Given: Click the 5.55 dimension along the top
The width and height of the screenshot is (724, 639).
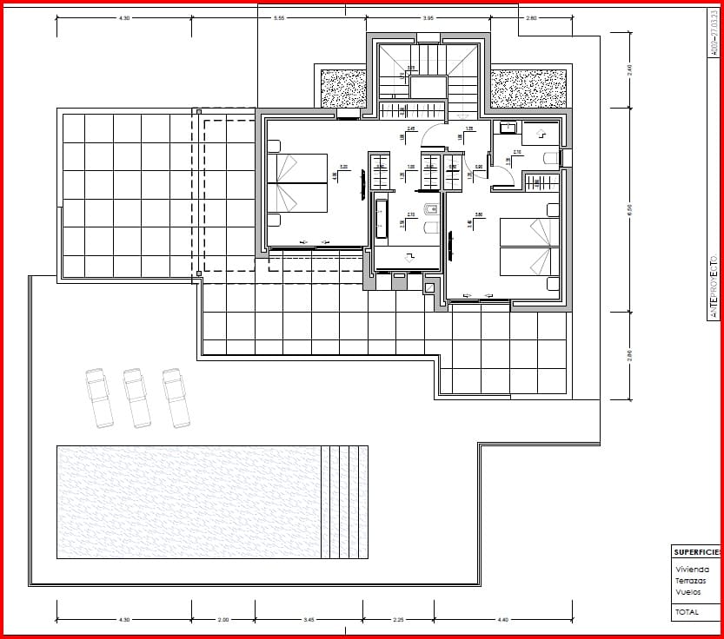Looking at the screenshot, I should click(x=279, y=17).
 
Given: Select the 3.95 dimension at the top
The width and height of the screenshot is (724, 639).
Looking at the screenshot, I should click(x=428, y=17).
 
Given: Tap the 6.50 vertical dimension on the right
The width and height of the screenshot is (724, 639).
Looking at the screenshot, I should click(x=629, y=208).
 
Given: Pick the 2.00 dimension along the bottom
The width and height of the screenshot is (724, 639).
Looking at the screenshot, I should click(x=223, y=619).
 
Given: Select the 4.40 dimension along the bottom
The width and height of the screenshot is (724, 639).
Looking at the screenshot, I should click(x=503, y=619).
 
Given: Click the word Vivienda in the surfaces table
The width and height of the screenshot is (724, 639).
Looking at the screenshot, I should click(x=692, y=570).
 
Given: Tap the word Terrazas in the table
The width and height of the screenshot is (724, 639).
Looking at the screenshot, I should click(x=690, y=581).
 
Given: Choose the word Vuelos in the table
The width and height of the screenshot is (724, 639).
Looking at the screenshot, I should click(x=687, y=592).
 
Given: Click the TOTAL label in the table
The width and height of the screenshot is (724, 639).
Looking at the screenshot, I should click(x=687, y=612).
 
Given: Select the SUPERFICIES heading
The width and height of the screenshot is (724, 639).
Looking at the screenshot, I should click(x=697, y=552).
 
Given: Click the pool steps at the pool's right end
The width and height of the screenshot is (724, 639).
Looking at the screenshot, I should click(x=344, y=502).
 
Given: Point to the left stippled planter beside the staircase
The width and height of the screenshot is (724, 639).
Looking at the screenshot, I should click(x=345, y=88).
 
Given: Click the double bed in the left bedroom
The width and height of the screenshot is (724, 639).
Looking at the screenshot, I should click(x=297, y=183).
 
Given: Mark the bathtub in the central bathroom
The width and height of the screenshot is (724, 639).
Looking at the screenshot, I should click(x=381, y=218).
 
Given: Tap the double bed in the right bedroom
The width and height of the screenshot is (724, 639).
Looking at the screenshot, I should click(x=528, y=247).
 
